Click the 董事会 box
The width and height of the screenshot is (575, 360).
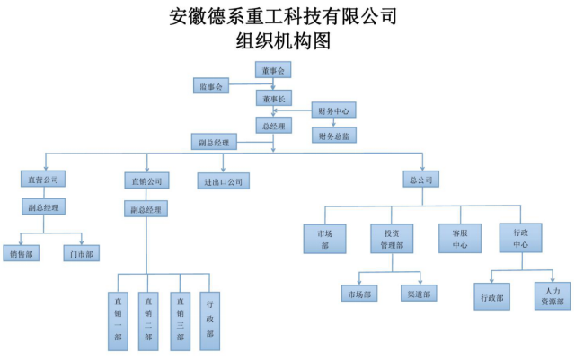pos(274,71)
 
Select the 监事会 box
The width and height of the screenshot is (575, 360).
pos(212,85)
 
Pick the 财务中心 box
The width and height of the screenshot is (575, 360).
pos(333,110)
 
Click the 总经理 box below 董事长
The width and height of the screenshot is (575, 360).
pos(274,125)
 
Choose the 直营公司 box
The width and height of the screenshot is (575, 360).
pos(42,180)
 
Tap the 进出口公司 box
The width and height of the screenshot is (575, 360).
pos(223,180)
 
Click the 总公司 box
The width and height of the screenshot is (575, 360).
pos(421,180)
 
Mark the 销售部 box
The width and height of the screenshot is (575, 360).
pos(23,254)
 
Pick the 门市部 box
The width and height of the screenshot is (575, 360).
pos(82,254)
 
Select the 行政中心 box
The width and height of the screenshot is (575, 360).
pos(521,238)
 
